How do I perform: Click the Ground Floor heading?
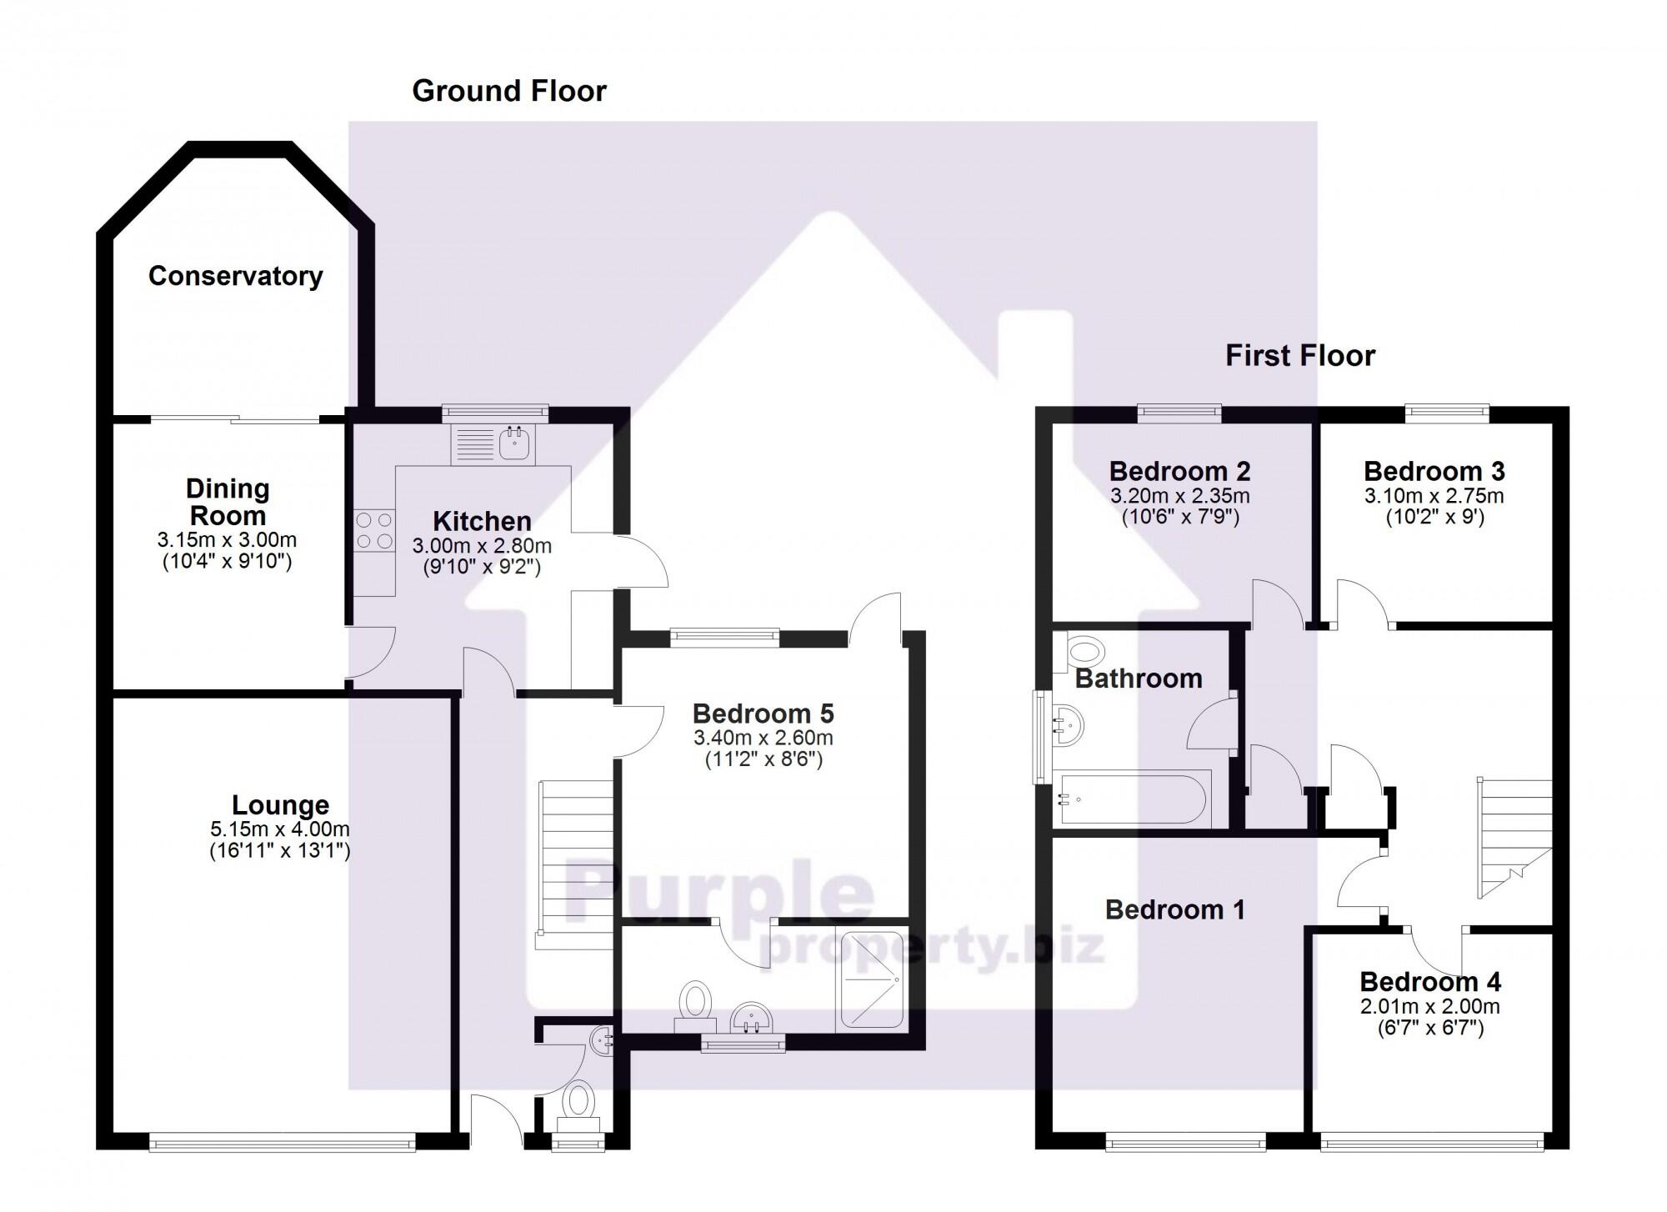pyautogui.click(x=509, y=91)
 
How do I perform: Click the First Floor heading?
pyautogui.click(x=1299, y=356)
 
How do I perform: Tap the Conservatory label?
pyautogui.click(x=235, y=276)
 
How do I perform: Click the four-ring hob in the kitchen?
pyautogui.click(x=374, y=530)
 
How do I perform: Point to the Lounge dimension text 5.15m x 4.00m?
pyautogui.click(x=280, y=829)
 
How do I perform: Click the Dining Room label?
pyautogui.click(x=227, y=502)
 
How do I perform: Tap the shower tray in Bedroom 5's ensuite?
pyautogui.click(x=871, y=979)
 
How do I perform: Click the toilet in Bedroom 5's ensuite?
pyautogui.click(x=694, y=1003)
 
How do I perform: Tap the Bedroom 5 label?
pyautogui.click(x=763, y=714)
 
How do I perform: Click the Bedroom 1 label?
pyautogui.click(x=1174, y=909)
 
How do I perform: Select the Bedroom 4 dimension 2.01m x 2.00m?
pyautogui.click(x=1429, y=1006)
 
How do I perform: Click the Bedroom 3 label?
pyautogui.click(x=1434, y=471)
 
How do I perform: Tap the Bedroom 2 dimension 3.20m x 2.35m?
pyautogui.click(x=1179, y=496)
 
